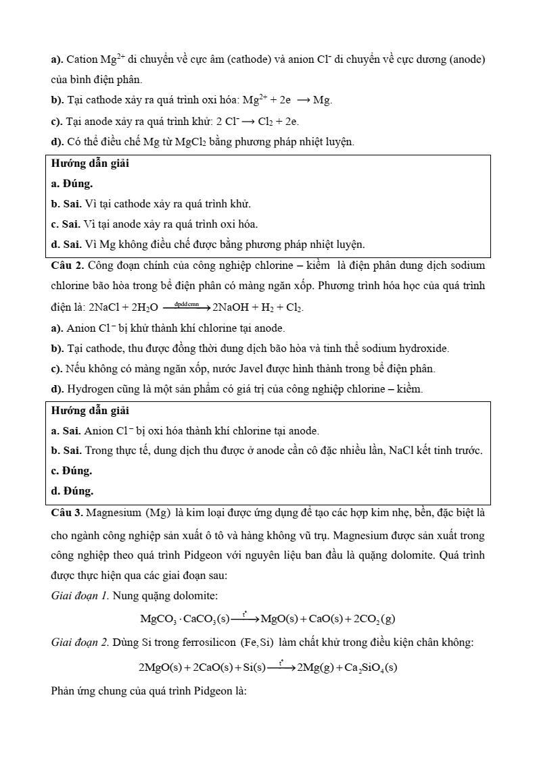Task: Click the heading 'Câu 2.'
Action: coord(68,266)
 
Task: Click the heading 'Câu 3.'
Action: coord(68,512)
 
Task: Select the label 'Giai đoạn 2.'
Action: coord(80,642)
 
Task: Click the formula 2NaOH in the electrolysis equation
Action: coord(231,308)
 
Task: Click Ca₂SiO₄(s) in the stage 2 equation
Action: coord(371,667)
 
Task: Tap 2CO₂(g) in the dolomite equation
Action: coord(374,619)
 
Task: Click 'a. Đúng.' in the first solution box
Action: coord(72,183)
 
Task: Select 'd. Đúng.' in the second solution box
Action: coord(72,490)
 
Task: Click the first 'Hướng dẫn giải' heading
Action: coord(90,163)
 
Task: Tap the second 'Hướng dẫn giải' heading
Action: coord(90,410)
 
